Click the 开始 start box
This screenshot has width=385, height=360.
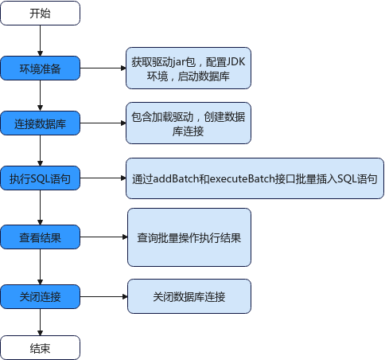[x=41, y=14]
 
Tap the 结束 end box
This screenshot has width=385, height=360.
[x=41, y=348]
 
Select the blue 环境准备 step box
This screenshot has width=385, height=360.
[x=41, y=68]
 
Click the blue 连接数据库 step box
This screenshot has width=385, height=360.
[x=41, y=123]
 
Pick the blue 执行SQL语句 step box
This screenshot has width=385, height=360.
[x=41, y=178]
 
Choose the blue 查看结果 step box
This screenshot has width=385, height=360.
[x=41, y=237]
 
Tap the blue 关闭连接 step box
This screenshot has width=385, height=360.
[x=41, y=296]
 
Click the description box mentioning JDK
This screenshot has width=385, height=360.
[x=189, y=68]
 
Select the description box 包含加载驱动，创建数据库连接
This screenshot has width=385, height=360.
[x=189, y=123]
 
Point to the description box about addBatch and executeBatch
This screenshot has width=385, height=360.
[x=255, y=178]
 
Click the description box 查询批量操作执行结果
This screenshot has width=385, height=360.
[x=189, y=237]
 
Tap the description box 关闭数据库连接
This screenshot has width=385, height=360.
[x=189, y=296]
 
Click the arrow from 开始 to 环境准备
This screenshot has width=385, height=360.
[x=41, y=41]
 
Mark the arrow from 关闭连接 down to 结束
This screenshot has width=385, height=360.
[x=41, y=322]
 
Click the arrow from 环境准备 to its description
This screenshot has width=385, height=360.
[x=103, y=68]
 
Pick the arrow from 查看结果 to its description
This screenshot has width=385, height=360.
[x=103, y=237]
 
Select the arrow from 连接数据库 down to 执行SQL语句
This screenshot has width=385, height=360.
[x=41, y=151]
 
